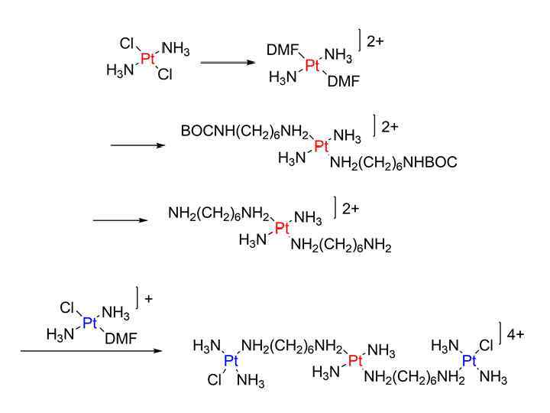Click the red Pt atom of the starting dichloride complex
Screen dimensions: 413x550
tap(147, 59)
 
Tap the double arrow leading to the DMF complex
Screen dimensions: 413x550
tap(228, 61)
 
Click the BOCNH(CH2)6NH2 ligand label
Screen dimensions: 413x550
tap(245, 132)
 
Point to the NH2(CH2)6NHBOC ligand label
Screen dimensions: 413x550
tap(393, 162)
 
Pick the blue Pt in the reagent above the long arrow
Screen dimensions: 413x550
tap(90, 323)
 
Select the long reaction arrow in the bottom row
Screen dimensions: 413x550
tap(92, 351)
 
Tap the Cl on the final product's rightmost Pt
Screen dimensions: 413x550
tap(486, 346)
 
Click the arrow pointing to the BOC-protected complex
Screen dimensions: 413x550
tap(137, 144)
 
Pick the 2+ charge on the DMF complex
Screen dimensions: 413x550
tap(375, 42)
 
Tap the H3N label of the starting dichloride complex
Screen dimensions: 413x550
tap(120, 72)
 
